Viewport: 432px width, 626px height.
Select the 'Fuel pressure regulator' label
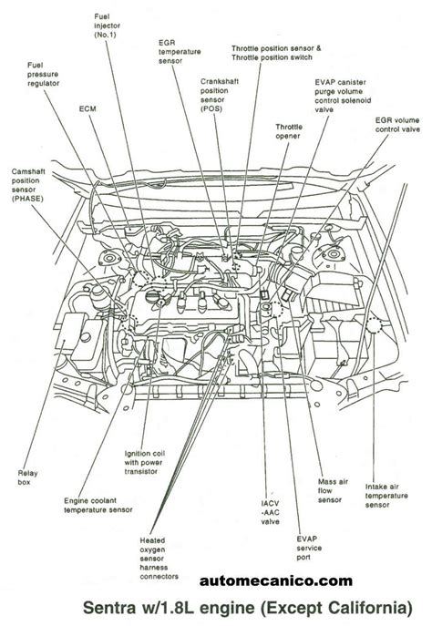tap(46, 74)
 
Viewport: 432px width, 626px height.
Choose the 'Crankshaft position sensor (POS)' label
tap(219, 94)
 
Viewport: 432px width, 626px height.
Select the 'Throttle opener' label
tap(289, 133)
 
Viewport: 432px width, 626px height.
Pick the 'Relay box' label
tap(28, 477)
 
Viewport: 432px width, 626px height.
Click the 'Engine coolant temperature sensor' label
tap(98, 506)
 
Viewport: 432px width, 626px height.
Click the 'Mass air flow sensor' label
tap(330, 493)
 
